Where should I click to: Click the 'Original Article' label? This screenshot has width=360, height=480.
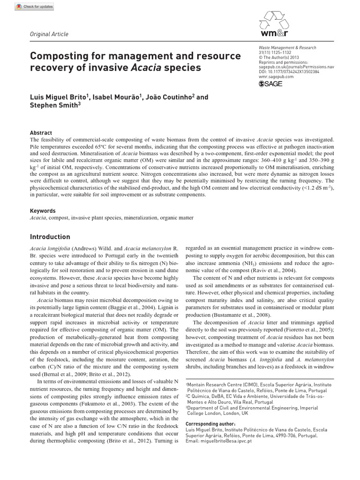tap(49, 34)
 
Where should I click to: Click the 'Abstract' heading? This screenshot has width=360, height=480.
tap(41, 133)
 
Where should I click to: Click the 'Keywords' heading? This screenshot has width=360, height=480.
tap(43, 211)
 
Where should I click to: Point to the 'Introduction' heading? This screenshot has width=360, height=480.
tap(50, 237)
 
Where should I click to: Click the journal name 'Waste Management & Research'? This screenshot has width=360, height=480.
tap(287, 48)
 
